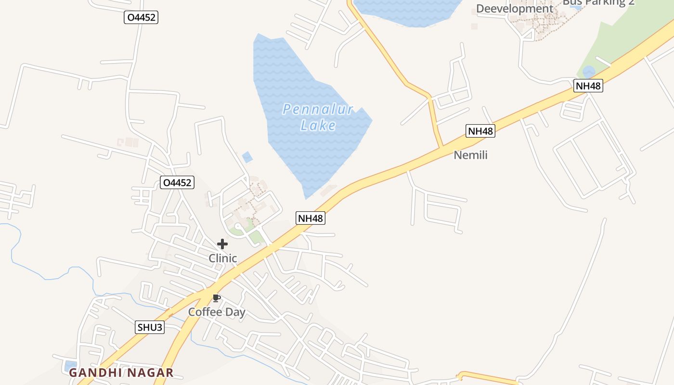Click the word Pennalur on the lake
click(x=318, y=109)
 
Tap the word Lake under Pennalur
click(x=318, y=126)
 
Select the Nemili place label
click(x=471, y=155)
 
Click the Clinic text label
click(x=223, y=258)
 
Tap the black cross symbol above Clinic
click(x=222, y=244)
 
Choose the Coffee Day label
click(x=217, y=312)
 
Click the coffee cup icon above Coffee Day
click(x=217, y=298)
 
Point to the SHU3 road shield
click(x=150, y=328)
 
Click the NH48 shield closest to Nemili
click(x=480, y=131)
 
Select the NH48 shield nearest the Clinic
click(x=311, y=218)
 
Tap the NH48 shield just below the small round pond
click(x=588, y=86)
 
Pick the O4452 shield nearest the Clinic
click(x=177, y=182)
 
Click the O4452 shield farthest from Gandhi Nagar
click(x=141, y=17)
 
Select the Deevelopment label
click(x=515, y=9)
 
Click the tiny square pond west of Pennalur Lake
click(x=247, y=157)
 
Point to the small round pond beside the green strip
click(x=588, y=72)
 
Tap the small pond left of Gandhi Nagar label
click(x=70, y=365)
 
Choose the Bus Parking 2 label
click(x=598, y=2)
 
